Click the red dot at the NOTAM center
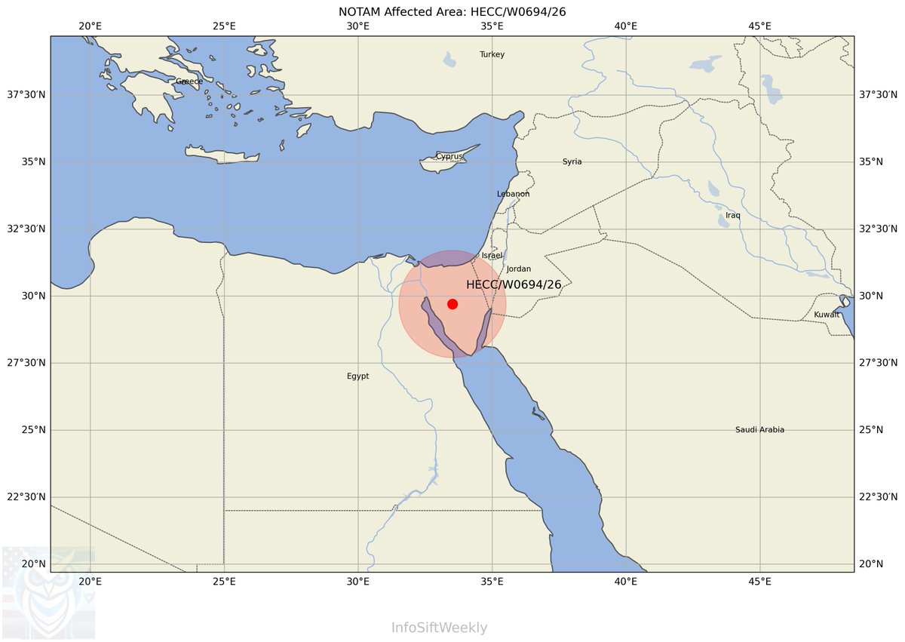coord(452,304)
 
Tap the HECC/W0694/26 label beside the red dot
coord(514,284)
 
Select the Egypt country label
coord(358,376)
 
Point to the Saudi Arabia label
coord(759,430)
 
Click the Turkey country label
coord(492,54)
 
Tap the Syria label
coord(572,162)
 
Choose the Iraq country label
coord(733,216)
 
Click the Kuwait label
coord(827,315)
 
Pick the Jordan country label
coord(519,269)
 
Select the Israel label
coord(492,256)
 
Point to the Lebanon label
coord(513,194)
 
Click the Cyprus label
coord(449,157)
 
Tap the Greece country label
coord(189,81)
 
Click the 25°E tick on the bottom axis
coord(224,582)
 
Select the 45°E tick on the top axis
coord(759,26)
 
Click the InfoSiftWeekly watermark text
coord(439,628)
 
